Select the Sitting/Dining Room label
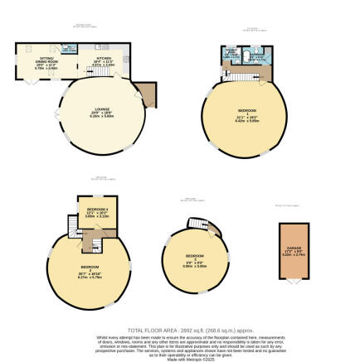tap(47, 52)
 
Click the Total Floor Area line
tap(179, 329)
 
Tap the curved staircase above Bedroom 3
tap(197, 224)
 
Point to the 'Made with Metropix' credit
tap(179, 359)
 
